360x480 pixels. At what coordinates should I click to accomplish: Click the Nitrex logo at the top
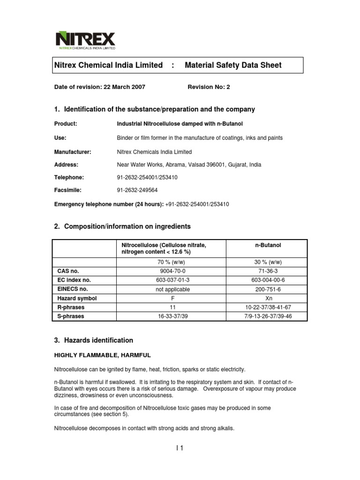coord(85,40)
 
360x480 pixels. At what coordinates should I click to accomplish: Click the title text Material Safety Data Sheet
coord(233,65)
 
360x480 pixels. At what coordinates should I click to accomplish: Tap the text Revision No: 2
coord(209,87)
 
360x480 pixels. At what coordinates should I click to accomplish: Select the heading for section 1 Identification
coord(154,109)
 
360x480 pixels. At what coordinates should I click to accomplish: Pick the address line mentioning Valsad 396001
coord(188,165)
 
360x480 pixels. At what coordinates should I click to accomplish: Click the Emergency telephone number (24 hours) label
coord(109,204)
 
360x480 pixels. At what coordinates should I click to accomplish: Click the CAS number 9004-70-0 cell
coord(172,271)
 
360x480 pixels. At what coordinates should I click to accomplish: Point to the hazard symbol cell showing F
coord(172,298)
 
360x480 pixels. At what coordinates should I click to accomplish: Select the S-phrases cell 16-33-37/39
coord(172,316)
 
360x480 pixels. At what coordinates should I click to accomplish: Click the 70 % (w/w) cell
coord(172,262)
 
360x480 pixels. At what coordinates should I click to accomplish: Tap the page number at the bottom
coord(180,448)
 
